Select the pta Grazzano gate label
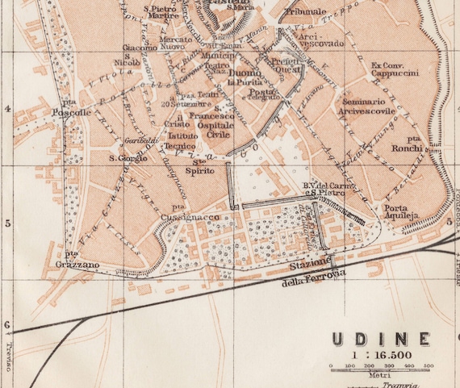77,259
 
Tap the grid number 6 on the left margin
7,325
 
